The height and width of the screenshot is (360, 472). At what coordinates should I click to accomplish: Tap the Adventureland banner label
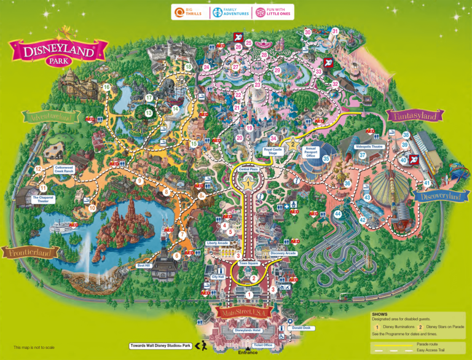point(52,116)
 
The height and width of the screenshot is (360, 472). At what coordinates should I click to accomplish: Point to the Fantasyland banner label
point(412,115)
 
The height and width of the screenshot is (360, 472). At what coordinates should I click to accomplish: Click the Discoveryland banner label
point(437,196)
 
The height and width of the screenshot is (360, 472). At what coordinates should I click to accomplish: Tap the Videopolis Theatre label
point(369,147)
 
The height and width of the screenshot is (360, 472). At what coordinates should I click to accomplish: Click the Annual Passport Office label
point(310,152)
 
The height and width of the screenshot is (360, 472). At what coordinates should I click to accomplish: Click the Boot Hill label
point(144,266)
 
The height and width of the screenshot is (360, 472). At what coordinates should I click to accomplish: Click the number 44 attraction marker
point(337,214)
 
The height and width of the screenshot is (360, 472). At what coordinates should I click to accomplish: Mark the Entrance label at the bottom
point(248,353)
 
